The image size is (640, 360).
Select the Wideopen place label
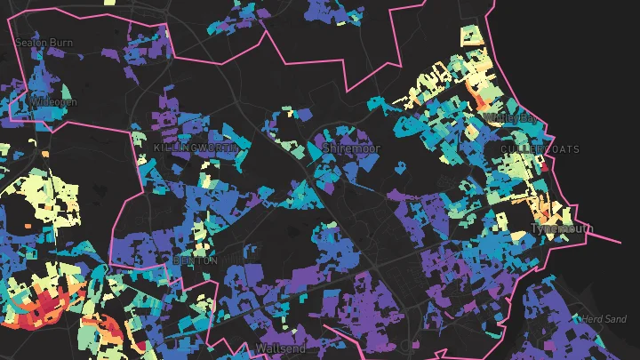[x=53, y=102]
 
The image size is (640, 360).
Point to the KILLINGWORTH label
[x=193, y=147]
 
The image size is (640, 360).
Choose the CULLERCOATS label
[x=540, y=148]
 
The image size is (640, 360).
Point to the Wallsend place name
[x=280, y=348]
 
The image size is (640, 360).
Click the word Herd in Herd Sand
[x=591, y=318]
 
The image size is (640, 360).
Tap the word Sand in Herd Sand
[x=615, y=318]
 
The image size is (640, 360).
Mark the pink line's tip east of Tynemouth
[x=620, y=242]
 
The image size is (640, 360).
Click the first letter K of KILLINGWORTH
[x=157, y=147]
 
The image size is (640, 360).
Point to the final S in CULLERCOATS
[x=576, y=148]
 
